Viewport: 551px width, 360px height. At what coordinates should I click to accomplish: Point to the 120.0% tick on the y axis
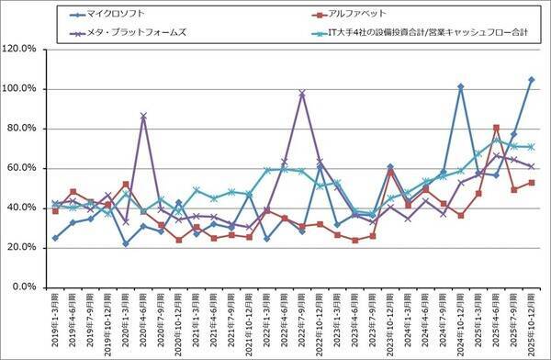(x=21, y=49)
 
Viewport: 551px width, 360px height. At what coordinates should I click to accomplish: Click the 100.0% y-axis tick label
(x=21, y=89)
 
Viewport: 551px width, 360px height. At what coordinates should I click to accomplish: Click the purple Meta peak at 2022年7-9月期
(x=302, y=93)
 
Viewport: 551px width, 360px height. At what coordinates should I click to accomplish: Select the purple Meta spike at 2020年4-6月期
(x=143, y=116)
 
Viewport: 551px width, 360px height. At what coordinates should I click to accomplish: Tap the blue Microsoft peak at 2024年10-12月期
(x=460, y=86)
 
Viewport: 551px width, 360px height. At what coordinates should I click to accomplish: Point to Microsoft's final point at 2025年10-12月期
(x=531, y=79)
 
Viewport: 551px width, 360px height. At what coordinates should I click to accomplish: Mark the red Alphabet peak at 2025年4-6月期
(x=496, y=128)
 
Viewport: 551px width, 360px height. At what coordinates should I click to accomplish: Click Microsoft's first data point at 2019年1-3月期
(x=56, y=238)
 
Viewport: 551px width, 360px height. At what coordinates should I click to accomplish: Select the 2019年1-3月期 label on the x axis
(x=56, y=321)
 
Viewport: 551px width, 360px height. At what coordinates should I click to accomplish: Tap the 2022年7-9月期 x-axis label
(x=302, y=321)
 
